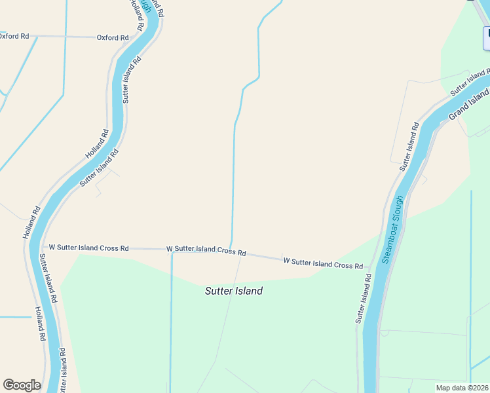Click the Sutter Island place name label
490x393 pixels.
[234, 291]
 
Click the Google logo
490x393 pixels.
[22, 385]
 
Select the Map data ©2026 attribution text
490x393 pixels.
[462, 388]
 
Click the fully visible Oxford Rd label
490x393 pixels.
[112, 37]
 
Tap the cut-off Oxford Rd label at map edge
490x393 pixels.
[14, 36]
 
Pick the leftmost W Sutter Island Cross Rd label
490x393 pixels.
[88, 248]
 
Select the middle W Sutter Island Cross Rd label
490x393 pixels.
[206, 250]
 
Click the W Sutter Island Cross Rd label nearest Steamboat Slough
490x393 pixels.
[323, 263]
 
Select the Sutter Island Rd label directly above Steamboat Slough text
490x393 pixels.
[409, 147]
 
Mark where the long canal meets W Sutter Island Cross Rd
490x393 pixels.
[230, 249]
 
